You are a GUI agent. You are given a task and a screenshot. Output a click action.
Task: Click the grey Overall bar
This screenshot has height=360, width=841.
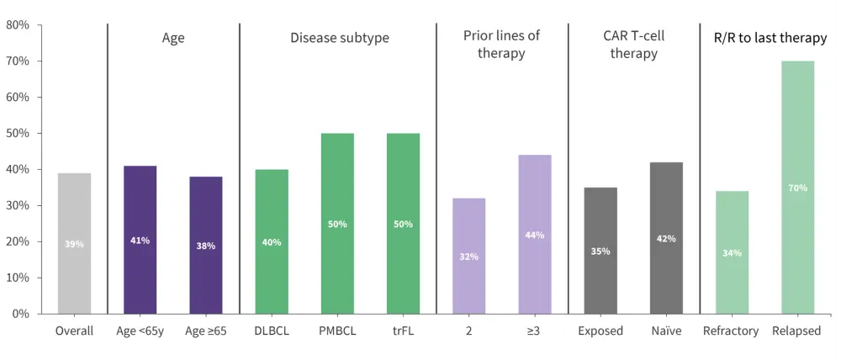[74, 243]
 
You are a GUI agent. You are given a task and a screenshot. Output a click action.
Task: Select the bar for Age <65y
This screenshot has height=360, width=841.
[140, 240]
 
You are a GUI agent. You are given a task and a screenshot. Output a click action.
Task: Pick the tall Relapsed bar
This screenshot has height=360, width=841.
[797, 187]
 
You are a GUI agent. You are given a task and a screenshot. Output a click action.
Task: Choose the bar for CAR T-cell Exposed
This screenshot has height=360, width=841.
[600, 250]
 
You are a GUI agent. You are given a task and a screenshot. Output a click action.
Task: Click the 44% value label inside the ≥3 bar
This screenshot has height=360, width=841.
[535, 236]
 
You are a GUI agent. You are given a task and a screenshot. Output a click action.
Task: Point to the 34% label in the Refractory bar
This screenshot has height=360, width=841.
[732, 252]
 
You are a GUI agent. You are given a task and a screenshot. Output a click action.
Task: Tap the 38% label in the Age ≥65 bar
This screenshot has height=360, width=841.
[205, 246]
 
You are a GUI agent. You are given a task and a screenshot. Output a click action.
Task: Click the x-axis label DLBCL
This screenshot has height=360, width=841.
[271, 331]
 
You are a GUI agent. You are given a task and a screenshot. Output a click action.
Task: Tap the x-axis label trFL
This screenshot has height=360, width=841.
[403, 331]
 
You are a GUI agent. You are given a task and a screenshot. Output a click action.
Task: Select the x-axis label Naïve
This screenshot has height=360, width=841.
[666, 331]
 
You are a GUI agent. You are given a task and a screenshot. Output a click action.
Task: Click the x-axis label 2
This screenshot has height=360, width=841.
[469, 331]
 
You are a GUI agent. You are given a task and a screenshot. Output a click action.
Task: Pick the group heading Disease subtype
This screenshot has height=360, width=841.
[340, 38]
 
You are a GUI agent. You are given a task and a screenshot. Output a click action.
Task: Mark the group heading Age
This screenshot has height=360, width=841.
[173, 38]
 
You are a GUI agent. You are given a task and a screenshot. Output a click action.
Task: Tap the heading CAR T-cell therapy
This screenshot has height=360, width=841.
[633, 45]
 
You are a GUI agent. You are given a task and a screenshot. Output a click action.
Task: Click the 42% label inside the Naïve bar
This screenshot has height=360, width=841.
[666, 239]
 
